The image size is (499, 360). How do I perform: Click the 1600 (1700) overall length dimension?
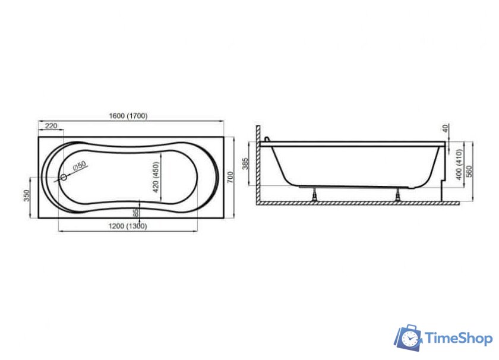click(x=128, y=116)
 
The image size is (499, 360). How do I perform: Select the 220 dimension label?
click(x=51, y=125)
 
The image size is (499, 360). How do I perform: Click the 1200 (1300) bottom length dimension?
click(x=128, y=226)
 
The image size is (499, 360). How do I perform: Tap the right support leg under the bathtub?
click(x=396, y=195)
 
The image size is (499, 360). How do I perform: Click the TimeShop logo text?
click(x=458, y=339)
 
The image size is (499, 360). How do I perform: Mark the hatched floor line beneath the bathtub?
click(x=356, y=203)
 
